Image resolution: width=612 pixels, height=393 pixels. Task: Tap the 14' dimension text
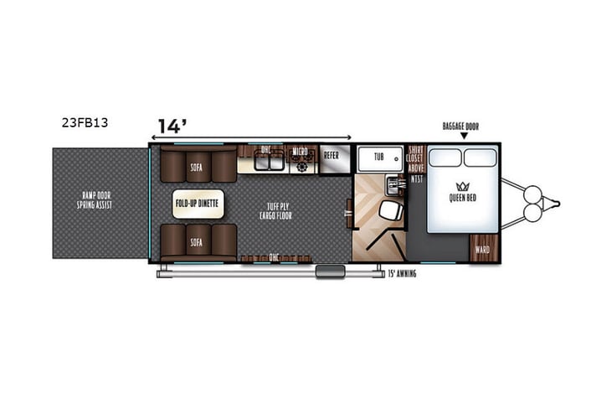[x=172, y=127]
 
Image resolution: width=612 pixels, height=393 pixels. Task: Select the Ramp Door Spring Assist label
[x=96, y=202]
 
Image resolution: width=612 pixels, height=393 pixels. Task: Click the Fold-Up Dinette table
[x=195, y=203]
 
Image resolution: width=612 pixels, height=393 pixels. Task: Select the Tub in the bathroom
[x=378, y=157]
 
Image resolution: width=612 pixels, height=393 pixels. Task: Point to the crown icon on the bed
[x=463, y=185]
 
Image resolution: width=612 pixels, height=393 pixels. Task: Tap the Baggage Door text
[x=461, y=127]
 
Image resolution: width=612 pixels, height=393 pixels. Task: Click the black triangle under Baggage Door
[x=462, y=137]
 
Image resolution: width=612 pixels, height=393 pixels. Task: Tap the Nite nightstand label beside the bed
[x=416, y=178]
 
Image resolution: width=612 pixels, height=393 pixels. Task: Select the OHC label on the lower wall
[x=273, y=256]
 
